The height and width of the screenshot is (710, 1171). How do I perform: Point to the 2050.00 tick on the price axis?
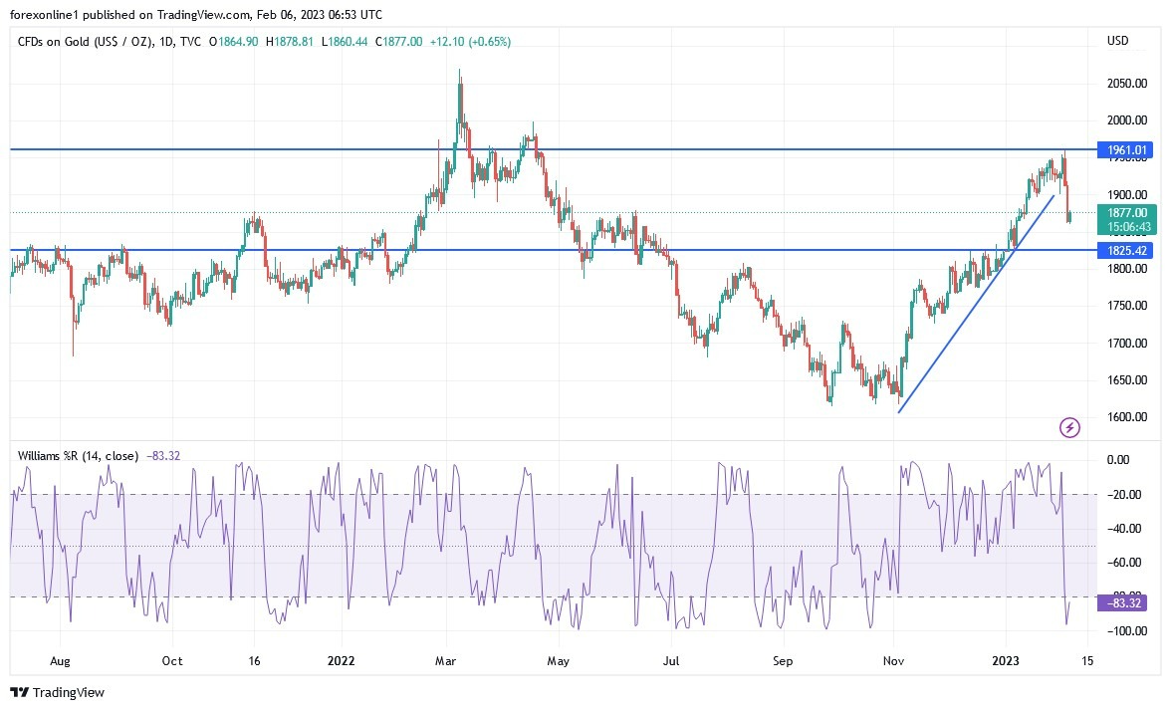pyautogui.click(x=1126, y=84)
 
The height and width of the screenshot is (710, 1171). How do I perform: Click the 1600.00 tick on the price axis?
pyautogui.click(x=1126, y=417)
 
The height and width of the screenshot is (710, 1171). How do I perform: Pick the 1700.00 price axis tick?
pyautogui.click(x=1126, y=344)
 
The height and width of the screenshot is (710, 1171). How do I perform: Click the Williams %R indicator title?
pyautogui.click(x=79, y=456)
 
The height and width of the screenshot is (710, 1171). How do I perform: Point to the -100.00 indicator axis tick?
pyautogui.click(x=1122, y=631)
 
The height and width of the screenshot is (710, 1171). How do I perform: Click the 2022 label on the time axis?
pyautogui.click(x=341, y=659)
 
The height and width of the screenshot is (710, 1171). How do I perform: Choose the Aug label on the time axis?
pyautogui.click(x=60, y=659)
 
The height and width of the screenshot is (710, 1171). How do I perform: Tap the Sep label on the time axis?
pyautogui.click(x=783, y=659)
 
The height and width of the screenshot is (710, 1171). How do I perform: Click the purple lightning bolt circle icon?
pyautogui.click(x=1069, y=428)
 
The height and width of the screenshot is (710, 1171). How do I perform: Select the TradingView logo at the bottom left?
pyautogui.click(x=57, y=692)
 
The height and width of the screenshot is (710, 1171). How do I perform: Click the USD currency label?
pyautogui.click(x=1117, y=41)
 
